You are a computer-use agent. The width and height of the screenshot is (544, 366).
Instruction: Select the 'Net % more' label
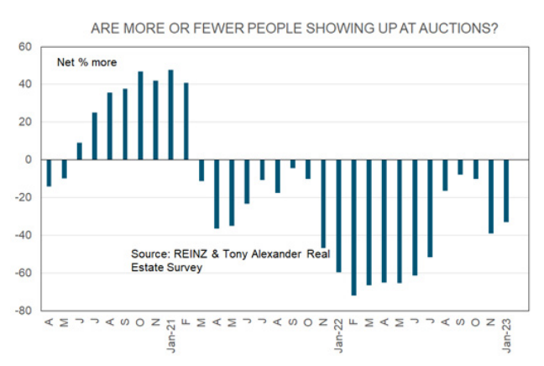(86, 62)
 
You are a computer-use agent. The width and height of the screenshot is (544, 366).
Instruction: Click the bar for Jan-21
(171, 114)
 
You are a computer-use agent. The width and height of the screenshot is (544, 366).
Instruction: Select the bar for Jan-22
(338, 215)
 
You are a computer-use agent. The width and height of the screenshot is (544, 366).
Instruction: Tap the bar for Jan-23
(506, 191)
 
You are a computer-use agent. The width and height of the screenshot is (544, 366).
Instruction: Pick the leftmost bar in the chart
(49, 172)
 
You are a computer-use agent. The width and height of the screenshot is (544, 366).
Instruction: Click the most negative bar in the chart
(353, 227)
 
